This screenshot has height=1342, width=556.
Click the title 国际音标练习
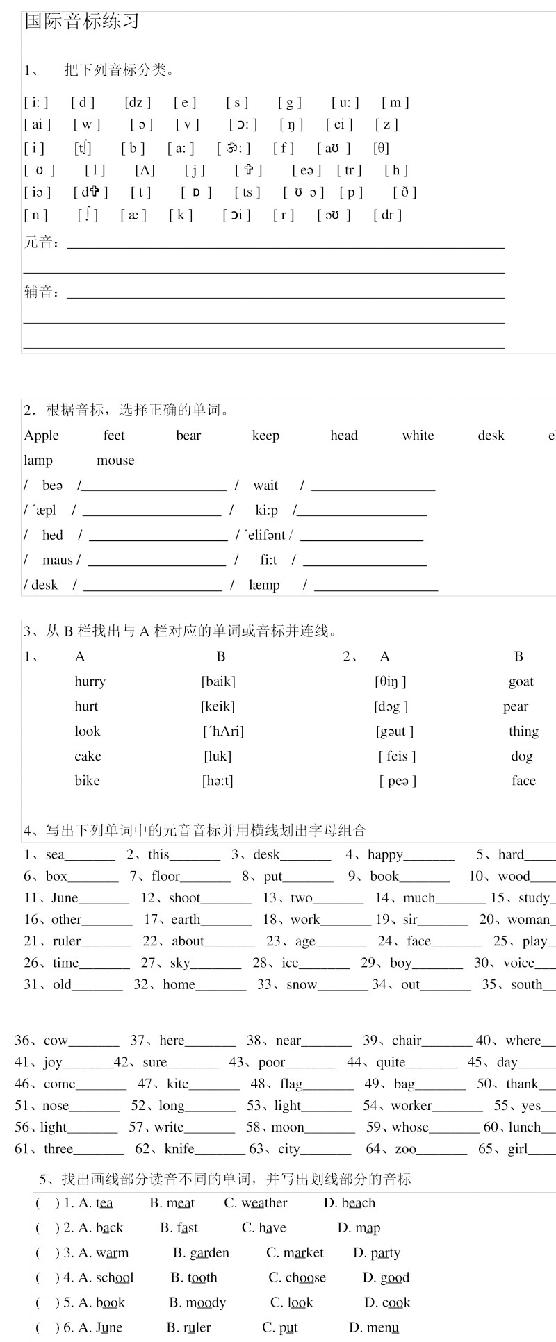pyautogui.click(x=82, y=22)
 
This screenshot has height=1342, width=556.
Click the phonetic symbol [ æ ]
pyautogui.click(x=133, y=215)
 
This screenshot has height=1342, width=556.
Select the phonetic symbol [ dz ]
pyautogui.click(x=138, y=103)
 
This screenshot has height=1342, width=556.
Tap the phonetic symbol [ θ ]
pyautogui.click(x=381, y=148)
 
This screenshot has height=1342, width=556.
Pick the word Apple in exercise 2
pyautogui.click(x=42, y=436)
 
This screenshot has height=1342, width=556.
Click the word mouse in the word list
pyautogui.click(x=115, y=461)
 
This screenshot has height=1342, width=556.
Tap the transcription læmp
pyautogui.click(x=264, y=585)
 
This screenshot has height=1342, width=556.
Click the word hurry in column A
pyautogui.click(x=90, y=681)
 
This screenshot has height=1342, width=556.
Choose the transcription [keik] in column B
pyautogui.click(x=218, y=706)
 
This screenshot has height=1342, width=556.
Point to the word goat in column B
pyautogui.click(x=521, y=681)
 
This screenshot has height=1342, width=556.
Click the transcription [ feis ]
pyautogui.click(x=397, y=756)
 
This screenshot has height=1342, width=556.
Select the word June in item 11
pyautogui.click(x=65, y=898)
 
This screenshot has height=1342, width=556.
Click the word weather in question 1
pyautogui.click(x=264, y=1203)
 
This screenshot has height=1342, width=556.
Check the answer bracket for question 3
pyautogui.click(x=47, y=1253)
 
